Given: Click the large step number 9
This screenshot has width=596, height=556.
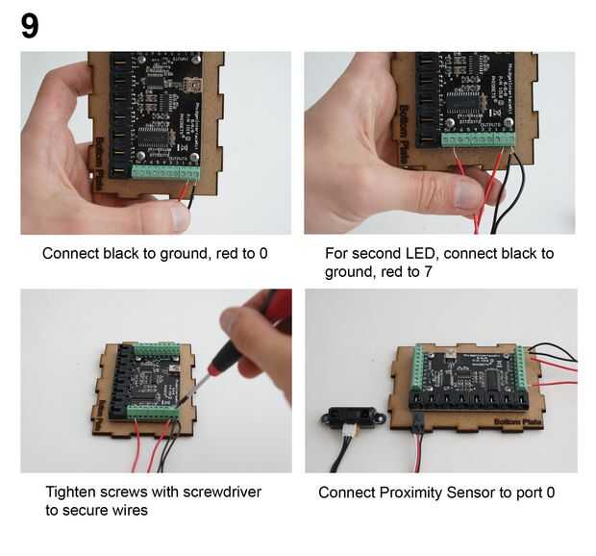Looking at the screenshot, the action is click(30, 26).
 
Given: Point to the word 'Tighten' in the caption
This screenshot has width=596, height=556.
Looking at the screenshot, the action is click(71, 493).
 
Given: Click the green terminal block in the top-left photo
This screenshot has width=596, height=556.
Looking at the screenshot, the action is click(163, 174).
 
